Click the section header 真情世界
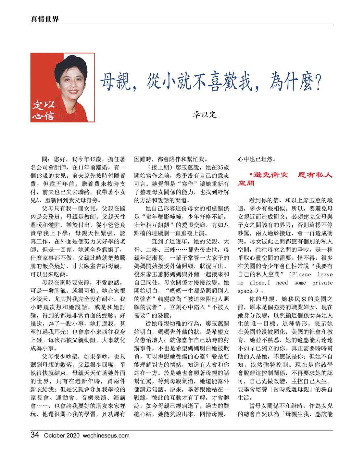[44, 19]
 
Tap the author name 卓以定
[204, 115]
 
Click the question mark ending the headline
[318, 82]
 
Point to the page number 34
[35, 435]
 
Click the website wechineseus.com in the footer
[106, 436]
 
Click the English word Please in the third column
[301, 274]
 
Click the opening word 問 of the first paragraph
[45, 159]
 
